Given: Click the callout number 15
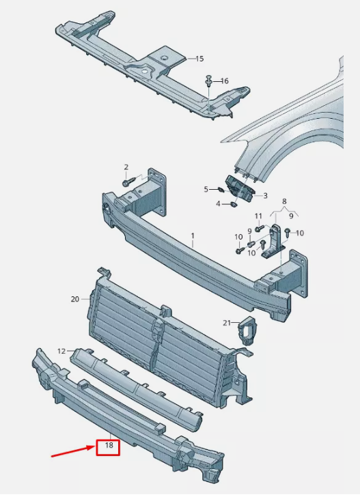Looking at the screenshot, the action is (199, 59).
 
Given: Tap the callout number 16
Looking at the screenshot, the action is (225, 81).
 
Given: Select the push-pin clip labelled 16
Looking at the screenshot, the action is (209, 81).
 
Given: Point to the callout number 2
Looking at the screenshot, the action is (126, 167).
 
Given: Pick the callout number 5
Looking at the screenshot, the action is (206, 190).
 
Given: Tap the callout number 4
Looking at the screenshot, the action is (218, 203).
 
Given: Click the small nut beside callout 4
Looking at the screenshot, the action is (234, 205).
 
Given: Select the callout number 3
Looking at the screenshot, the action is (265, 196).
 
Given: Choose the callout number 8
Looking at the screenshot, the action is (284, 201).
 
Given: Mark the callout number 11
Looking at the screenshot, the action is (258, 216).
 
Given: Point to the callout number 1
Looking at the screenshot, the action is (193, 236).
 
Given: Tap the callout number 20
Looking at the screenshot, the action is (75, 299).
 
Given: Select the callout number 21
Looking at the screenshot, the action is (227, 323).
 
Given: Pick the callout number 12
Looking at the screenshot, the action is (61, 352).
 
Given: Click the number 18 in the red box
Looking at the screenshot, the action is (109, 445).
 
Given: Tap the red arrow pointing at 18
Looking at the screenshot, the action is (74, 452).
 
